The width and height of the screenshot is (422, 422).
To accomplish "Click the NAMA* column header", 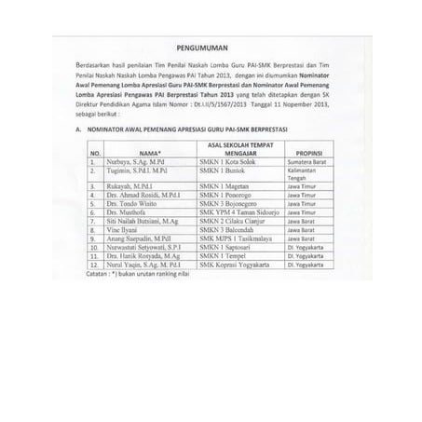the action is [150, 151].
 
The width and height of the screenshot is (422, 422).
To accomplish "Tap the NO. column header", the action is [95, 151].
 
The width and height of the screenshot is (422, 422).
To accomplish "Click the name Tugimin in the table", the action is [139, 173].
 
